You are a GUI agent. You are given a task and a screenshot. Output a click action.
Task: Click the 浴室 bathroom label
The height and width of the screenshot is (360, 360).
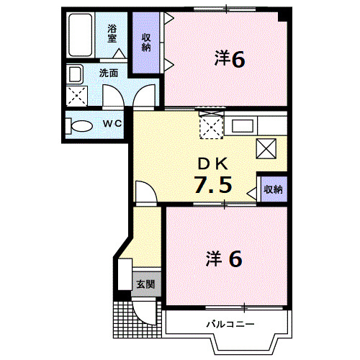(x=112, y=33)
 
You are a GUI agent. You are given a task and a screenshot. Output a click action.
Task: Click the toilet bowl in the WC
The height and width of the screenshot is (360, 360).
(x=81, y=125)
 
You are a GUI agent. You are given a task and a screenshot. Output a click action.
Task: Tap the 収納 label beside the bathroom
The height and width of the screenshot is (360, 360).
(x=146, y=42)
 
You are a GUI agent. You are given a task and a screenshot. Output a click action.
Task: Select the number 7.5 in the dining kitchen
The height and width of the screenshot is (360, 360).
(x=212, y=185)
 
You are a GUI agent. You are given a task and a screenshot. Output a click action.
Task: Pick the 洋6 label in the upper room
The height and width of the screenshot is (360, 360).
(x=230, y=59)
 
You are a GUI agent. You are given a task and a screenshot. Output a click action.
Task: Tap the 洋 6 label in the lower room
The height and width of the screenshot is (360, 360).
(x=225, y=258)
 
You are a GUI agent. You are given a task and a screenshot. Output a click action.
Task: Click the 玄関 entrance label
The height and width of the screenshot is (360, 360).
(x=145, y=284)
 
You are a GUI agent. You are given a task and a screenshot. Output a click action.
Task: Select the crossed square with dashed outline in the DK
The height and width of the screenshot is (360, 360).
(x=212, y=127)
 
